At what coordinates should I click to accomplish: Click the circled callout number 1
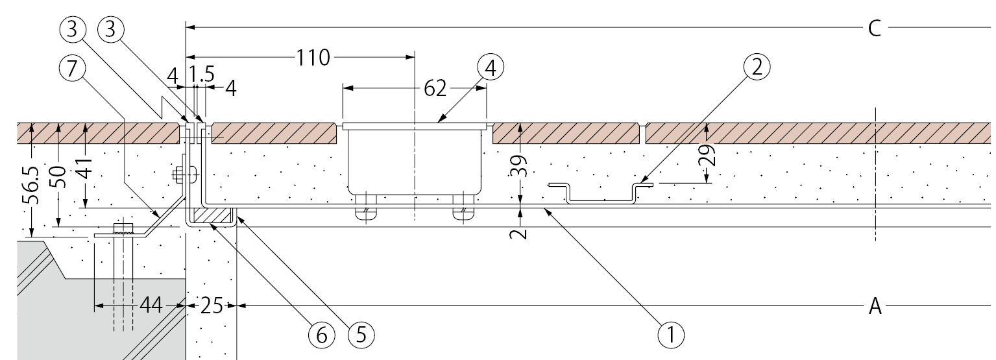(x=670, y=334)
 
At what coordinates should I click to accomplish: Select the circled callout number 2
(x=757, y=67)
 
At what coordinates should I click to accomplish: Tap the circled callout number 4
(x=490, y=69)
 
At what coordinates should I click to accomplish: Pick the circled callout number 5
(x=361, y=334)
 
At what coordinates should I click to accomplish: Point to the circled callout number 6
(x=321, y=334)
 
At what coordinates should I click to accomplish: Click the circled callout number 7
(x=72, y=68)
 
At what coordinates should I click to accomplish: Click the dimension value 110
(x=313, y=58)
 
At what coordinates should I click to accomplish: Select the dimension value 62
(x=435, y=88)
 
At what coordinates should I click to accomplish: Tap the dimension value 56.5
(x=30, y=186)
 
